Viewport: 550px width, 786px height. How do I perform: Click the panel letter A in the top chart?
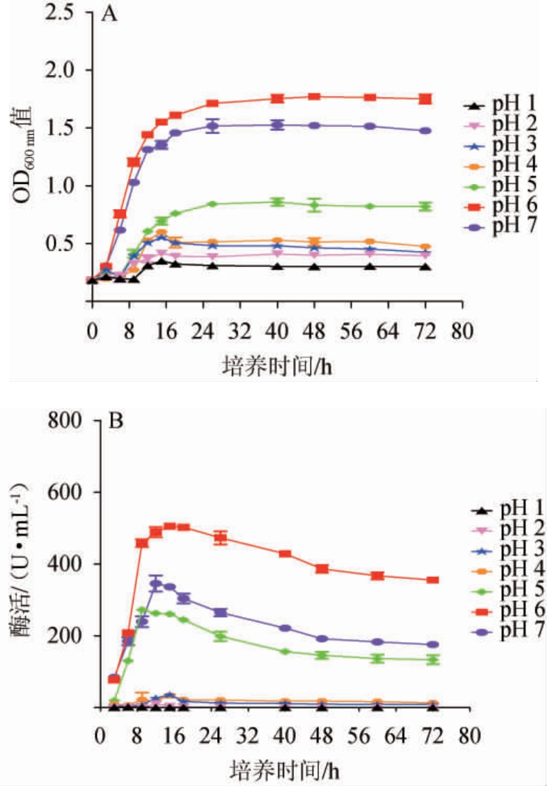[109, 15]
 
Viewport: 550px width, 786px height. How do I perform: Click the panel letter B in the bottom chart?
[116, 421]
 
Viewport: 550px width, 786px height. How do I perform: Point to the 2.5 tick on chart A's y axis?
[61, 13]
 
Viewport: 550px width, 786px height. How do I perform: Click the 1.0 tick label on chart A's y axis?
[61, 186]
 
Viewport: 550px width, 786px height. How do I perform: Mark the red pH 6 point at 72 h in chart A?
[425, 99]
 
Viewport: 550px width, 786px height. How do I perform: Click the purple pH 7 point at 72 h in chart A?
[425, 131]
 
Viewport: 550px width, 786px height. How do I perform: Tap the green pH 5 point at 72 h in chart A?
[425, 206]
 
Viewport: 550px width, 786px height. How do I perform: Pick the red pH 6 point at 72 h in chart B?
[433, 580]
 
